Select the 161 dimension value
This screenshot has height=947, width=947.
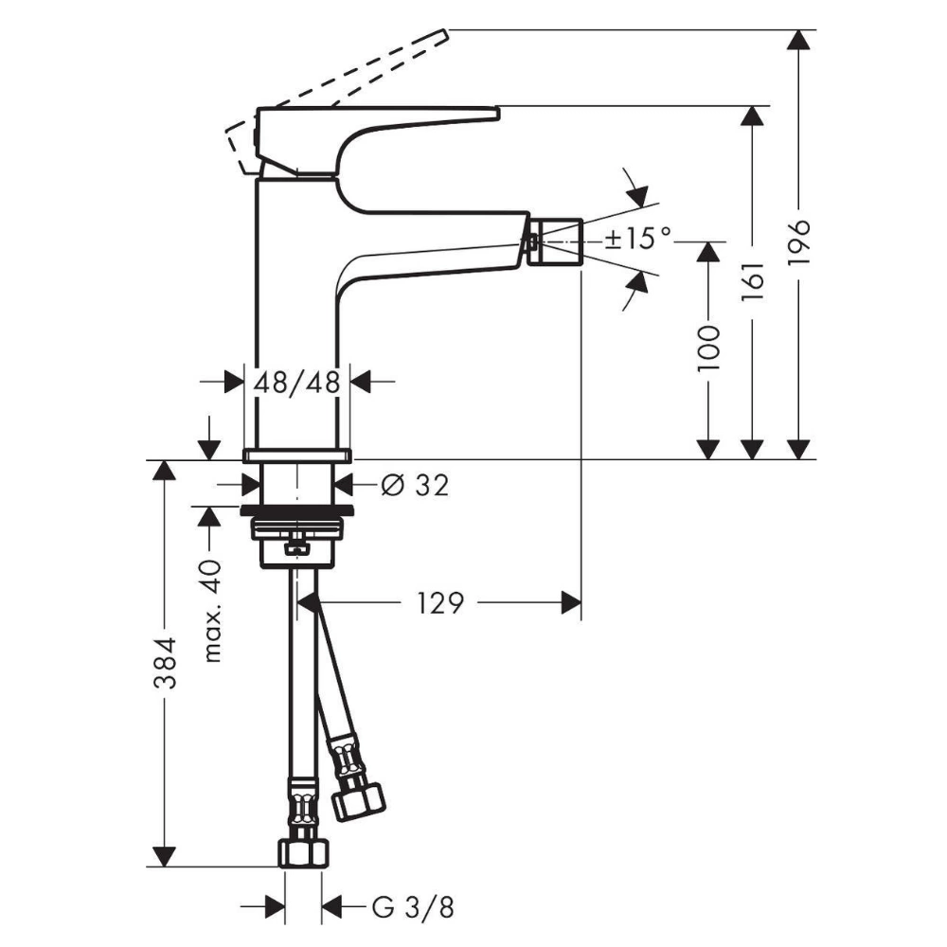tap(753, 281)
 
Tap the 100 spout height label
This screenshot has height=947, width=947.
tap(708, 349)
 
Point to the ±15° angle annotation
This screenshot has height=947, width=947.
tap(637, 238)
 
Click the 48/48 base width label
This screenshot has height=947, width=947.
tap(296, 383)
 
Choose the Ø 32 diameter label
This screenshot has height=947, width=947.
tap(416, 484)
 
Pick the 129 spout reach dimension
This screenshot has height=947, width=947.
tap(440, 602)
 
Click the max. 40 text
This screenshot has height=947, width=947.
tap(211, 611)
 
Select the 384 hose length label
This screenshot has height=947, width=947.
tap(164, 663)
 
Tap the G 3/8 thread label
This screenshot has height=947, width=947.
tap(413, 907)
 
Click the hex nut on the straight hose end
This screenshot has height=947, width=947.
tap(304, 853)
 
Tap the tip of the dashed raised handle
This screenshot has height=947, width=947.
tap(447, 31)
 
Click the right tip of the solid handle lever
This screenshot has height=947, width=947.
tap(498, 112)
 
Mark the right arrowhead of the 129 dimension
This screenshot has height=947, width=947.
tap(571, 602)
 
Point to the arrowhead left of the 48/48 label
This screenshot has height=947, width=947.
tap(233, 382)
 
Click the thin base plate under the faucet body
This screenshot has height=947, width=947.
tap(296, 456)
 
